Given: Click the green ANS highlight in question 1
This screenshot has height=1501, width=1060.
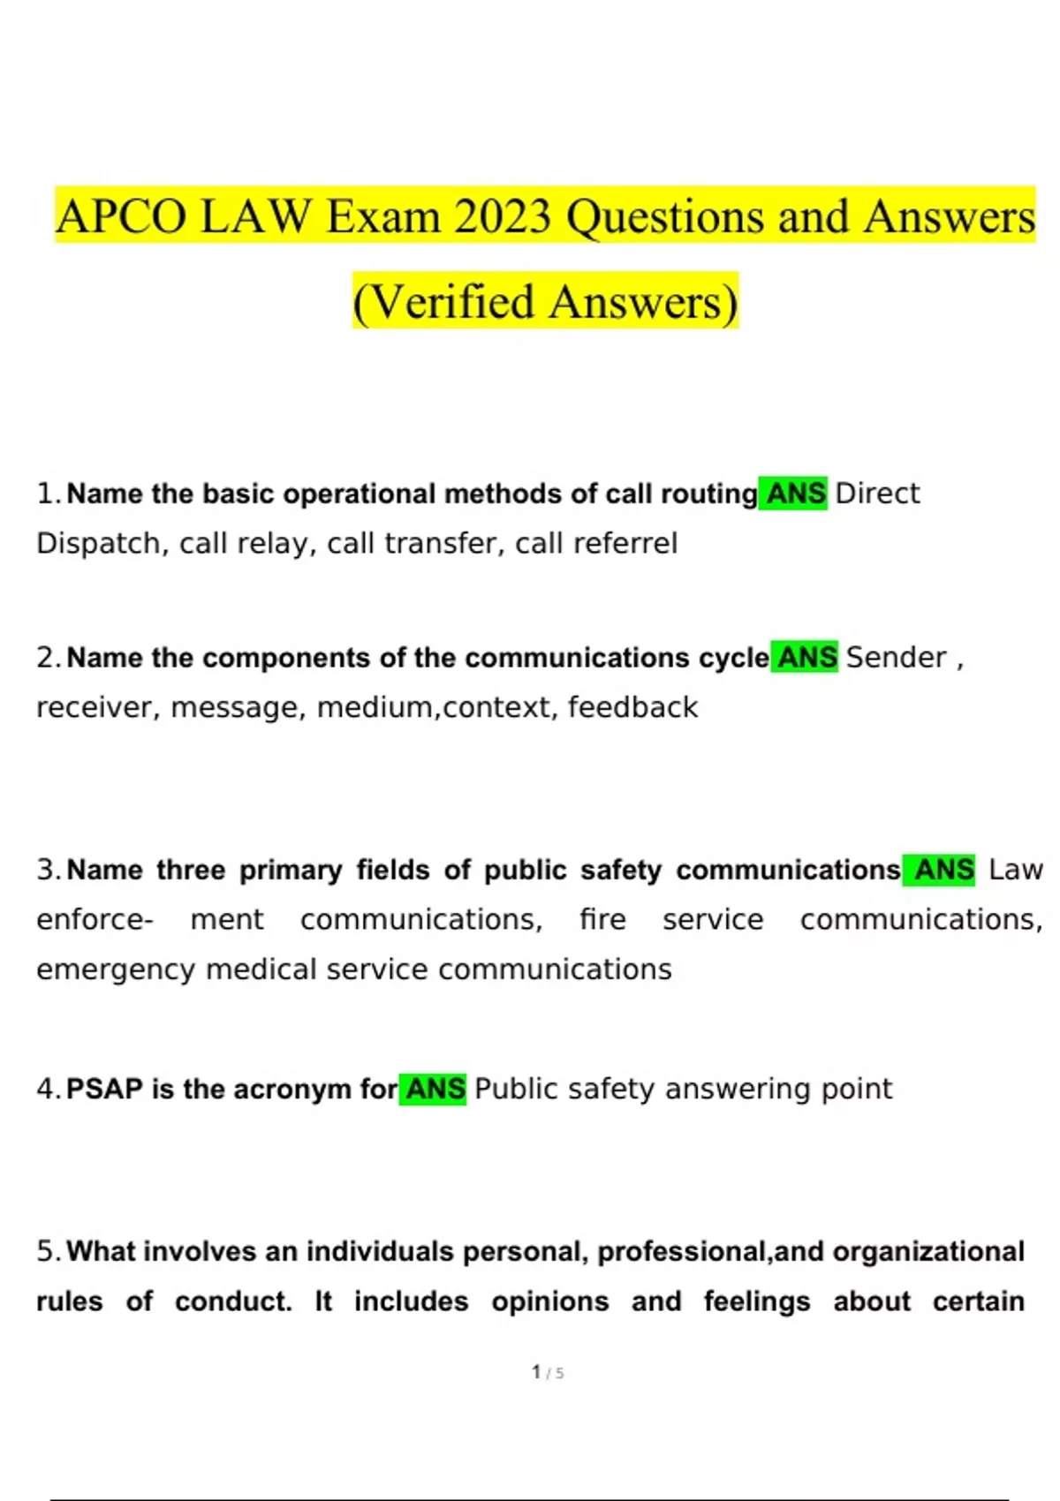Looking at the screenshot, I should [x=794, y=494].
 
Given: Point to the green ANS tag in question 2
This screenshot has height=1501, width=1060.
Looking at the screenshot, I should [x=806, y=658].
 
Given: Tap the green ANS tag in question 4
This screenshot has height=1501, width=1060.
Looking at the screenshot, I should [x=434, y=1089].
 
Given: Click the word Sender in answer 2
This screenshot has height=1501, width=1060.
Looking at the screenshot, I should [x=896, y=658].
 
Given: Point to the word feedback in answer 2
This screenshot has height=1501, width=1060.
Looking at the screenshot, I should [x=632, y=707].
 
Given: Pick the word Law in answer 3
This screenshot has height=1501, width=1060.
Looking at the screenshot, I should [x=1015, y=870].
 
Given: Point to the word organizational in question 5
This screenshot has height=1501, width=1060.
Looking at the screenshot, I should [x=927, y=1251].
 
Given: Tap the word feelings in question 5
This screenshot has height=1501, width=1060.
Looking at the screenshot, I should [x=756, y=1301].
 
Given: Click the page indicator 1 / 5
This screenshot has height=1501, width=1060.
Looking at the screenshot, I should [x=547, y=1372].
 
